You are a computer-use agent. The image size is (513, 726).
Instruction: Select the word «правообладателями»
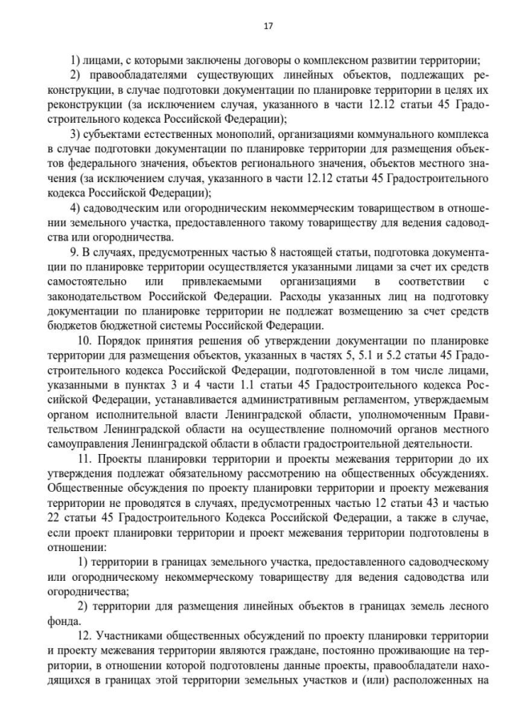134,76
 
